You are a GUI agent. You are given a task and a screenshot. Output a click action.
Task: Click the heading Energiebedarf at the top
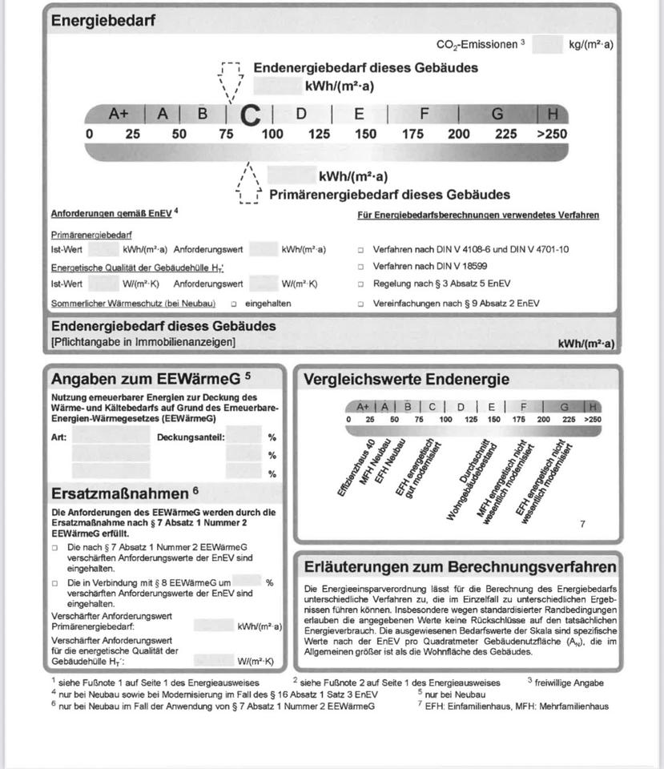click(x=103, y=21)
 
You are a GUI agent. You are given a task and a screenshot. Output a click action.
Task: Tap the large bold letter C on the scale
click(x=251, y=117)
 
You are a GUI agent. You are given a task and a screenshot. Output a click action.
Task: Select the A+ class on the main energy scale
click(x=119, y=114)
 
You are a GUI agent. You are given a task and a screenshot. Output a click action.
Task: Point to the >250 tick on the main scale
click(x=552, y=134)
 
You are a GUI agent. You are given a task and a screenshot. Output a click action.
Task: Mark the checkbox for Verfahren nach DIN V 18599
click(x=361, y=267)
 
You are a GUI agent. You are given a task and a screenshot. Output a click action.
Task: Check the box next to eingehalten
click(x=233, y=304)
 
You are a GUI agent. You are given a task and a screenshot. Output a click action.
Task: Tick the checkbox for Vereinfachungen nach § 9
click(x=361, y=304)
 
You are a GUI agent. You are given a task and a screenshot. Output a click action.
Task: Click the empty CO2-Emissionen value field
click(x=547, y=45)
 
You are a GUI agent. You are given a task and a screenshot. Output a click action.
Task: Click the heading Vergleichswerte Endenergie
click(x=406, y=380)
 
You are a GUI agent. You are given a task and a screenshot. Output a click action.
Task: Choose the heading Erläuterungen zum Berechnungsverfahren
click(x=460, y=566)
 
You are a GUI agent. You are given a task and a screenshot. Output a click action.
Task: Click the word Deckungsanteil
click(x=191, y=437)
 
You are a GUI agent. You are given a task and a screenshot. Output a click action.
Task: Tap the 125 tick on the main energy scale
click(x=319, y=134)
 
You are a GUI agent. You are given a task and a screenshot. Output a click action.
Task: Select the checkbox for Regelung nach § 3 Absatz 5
click(x=361, y=284)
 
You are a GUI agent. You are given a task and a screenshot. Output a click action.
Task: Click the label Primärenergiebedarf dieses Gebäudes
click(x=389, y=195)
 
